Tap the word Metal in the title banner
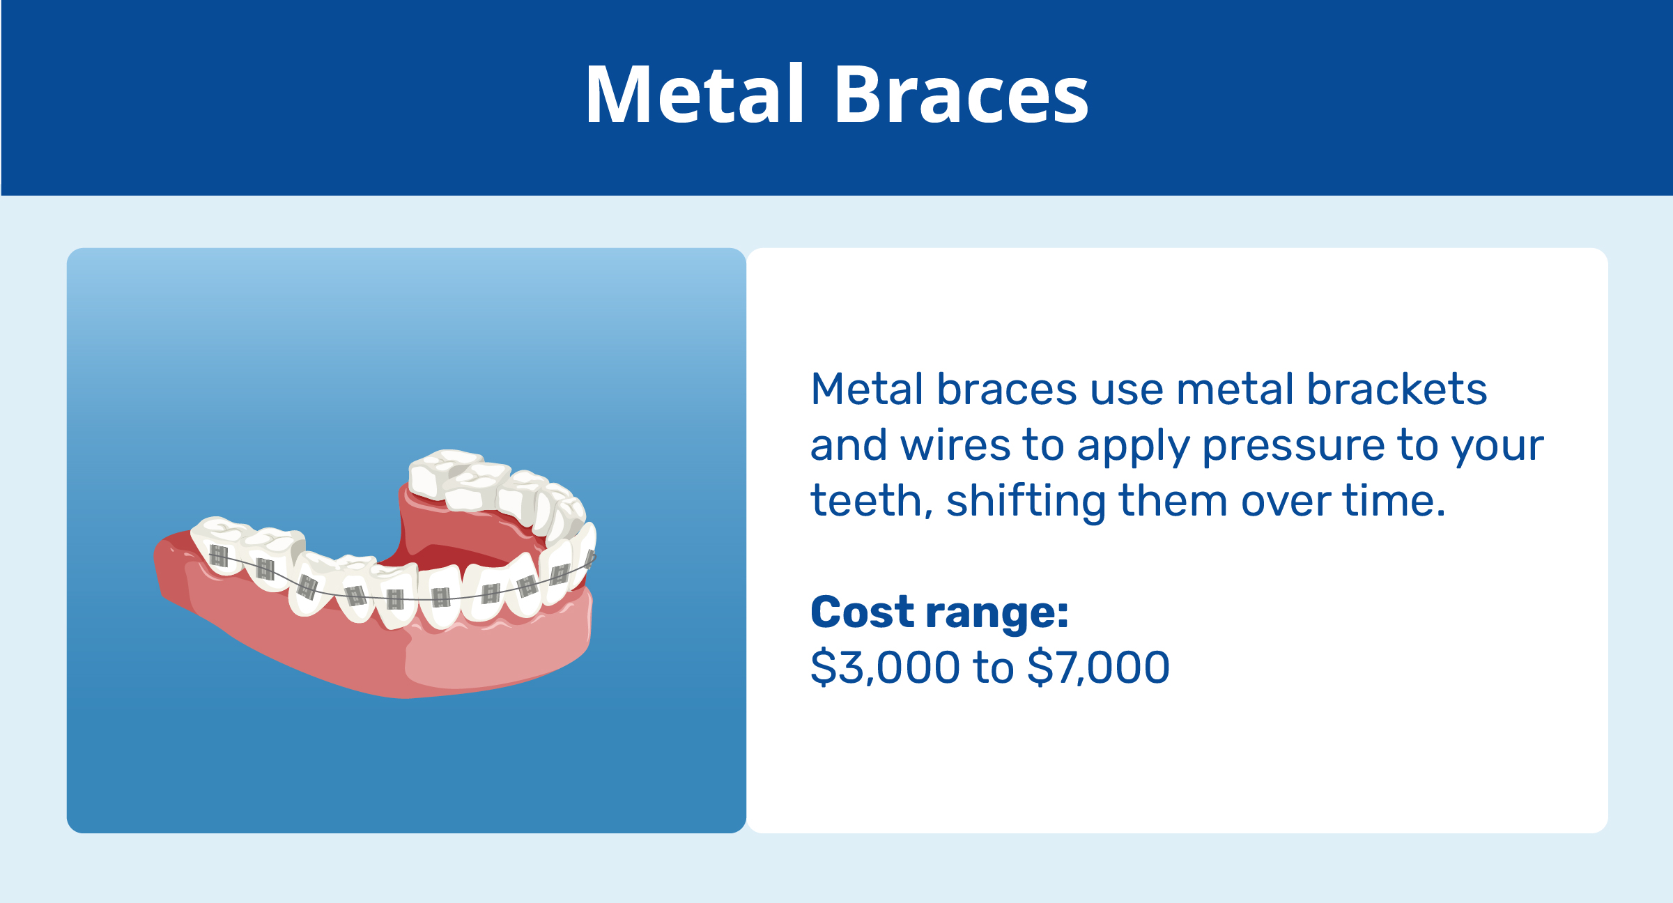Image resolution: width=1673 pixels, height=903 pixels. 695,95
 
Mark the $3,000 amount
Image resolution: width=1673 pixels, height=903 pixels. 885,667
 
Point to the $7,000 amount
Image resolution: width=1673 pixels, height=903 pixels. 1098,667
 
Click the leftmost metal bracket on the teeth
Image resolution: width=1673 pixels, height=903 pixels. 219,556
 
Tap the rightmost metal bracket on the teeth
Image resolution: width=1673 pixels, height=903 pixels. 590,559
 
